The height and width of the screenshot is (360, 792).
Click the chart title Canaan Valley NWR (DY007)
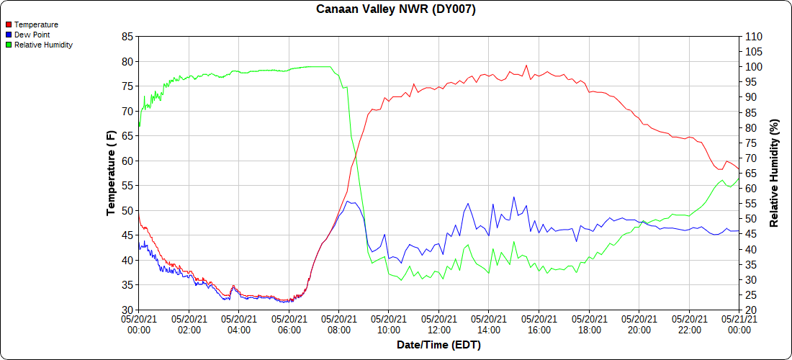point(396,9)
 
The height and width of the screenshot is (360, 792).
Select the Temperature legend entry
point(36,24)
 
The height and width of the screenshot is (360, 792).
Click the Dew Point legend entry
point(32,35)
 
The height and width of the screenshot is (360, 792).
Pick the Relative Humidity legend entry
point(43,45)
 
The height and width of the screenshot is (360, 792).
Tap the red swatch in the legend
point(9,24)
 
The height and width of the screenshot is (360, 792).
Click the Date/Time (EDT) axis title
point(438,345)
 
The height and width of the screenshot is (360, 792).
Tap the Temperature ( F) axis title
point(111,173)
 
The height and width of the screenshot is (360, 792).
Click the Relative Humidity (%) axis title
point(775,173)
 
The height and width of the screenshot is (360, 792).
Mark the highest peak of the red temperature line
point(526,66)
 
